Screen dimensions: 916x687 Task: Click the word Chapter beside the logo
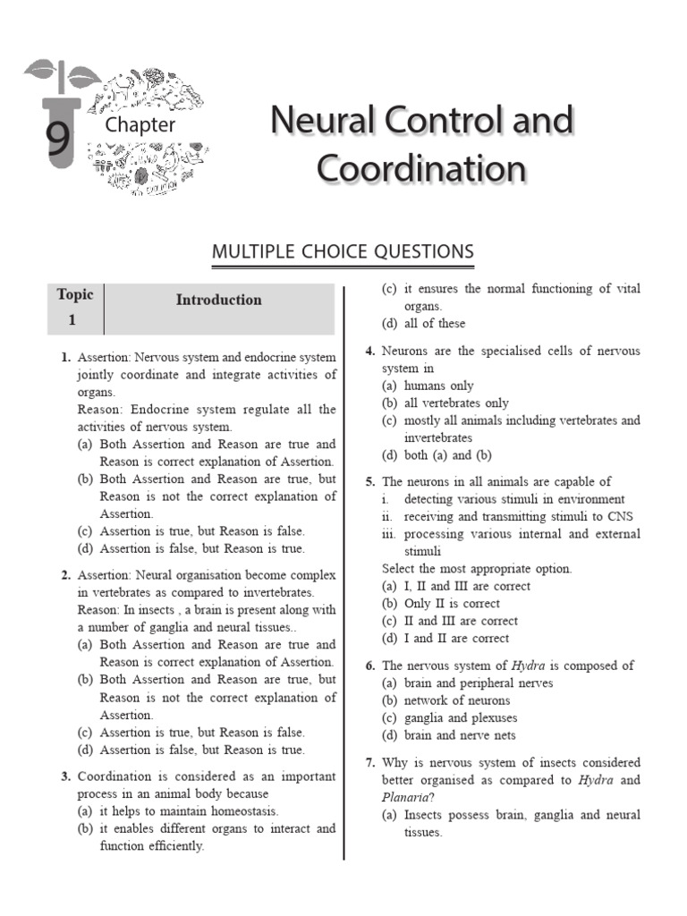[140, 125]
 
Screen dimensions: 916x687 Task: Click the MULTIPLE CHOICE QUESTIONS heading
[343, 252]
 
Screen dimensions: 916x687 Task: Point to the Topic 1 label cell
[75, 308]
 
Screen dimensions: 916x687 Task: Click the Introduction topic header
[218, 301]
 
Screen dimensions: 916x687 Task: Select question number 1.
[66, 358]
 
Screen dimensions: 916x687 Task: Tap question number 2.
[66, 575]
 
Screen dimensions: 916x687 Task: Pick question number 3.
[66, 776]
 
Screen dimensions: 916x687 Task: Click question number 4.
[369, 352]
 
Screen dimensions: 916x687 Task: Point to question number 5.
[369, 482]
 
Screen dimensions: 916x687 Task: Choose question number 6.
[369, 666]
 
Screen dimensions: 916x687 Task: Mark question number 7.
[369, 763]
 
